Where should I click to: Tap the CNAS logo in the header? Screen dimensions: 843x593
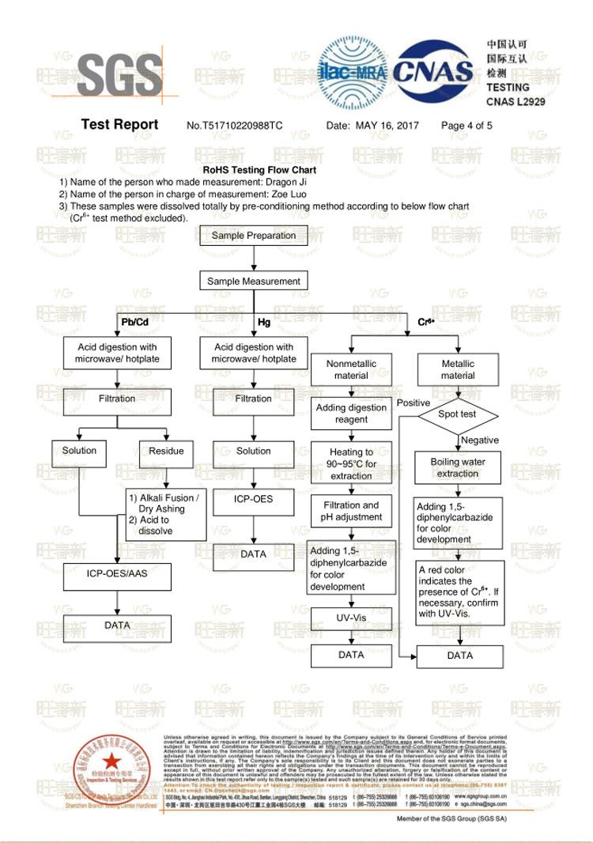click(434, 71)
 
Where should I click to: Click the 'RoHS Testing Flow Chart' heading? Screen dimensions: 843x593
click(259, 170)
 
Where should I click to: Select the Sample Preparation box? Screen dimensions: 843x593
click(254, 236)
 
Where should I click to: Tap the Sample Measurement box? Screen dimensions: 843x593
click(254, 281)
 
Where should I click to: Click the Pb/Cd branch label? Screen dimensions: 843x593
click(134, 322)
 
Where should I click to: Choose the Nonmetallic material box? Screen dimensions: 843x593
click(351, 369)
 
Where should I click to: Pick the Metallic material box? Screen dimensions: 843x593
click(458, 369)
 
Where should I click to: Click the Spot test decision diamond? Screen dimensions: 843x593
click(458, 414)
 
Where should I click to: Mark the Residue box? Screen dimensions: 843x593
click(166, 452)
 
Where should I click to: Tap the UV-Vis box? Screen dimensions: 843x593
click(351, 617)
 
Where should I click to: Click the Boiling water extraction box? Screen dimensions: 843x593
click(458, 467)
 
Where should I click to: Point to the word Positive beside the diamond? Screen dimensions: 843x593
click(414, 403)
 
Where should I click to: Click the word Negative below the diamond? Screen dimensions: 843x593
click(480, 440)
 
